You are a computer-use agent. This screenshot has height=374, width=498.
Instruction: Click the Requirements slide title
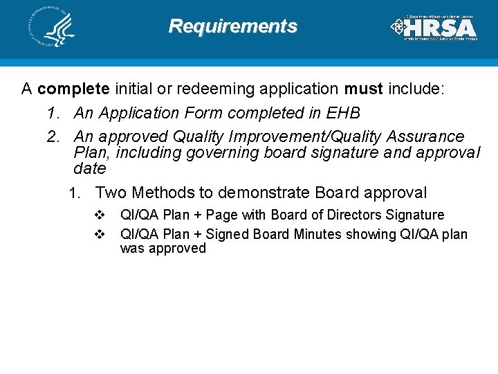pos(233,26)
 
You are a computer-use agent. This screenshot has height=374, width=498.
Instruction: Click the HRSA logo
pos(434,28)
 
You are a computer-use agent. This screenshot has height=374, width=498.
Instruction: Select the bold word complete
pos(74,89)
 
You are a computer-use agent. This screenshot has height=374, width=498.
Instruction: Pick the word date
pos(90,168)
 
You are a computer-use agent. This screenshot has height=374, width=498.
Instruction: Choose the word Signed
pos(228,234)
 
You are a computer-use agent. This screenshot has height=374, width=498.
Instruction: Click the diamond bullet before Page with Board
pos(99,215)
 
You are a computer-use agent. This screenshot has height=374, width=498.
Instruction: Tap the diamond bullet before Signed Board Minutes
pos(99,234)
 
